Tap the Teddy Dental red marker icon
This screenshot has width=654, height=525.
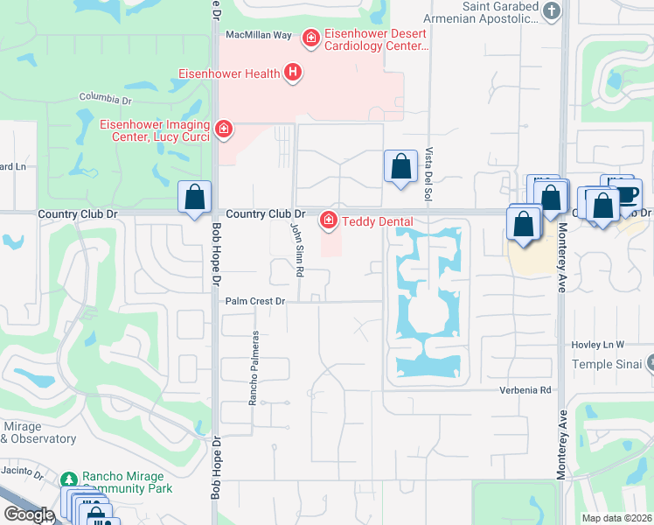(329, 220)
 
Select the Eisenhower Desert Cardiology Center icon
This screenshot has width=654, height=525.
(310, 38)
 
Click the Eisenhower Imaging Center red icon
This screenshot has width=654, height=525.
(224, 129)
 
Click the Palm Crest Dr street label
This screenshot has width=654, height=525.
(255, 301)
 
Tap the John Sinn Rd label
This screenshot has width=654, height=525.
(298, 248)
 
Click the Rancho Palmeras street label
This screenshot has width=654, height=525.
(254, 367)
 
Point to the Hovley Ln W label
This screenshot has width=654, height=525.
(599, 345)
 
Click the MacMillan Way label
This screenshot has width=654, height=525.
(258, 35)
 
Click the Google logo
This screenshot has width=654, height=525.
(29, 514)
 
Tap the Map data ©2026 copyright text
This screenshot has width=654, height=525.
(616, 518)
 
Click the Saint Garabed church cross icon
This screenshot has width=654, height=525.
(551, 10)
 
